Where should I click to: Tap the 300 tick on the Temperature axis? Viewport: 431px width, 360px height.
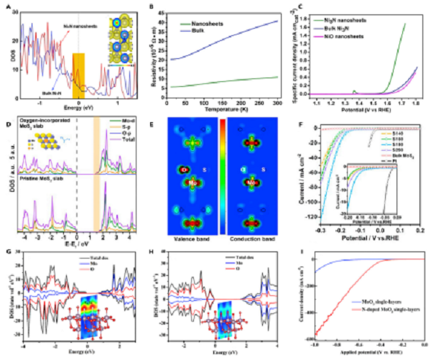[277, 102]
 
